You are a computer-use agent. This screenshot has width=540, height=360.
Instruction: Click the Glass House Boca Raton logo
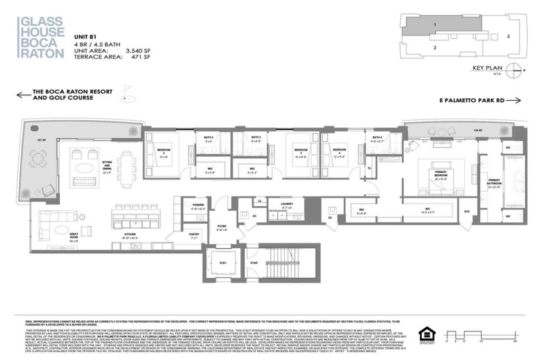click(40, 38)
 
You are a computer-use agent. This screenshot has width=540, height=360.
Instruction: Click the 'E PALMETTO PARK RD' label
click(471, 101)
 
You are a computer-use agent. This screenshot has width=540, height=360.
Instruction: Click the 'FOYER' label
click(221, 226)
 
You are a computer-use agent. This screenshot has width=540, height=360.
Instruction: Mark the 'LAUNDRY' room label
click(287, 204)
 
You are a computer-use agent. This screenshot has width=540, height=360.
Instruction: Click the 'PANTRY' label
click(194, 235)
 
